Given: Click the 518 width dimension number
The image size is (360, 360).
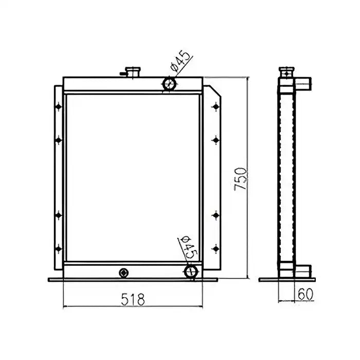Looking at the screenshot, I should point(133,298).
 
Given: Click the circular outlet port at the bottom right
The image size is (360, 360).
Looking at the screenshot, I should point(190,271).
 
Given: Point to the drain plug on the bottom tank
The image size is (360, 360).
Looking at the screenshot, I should point(123,272).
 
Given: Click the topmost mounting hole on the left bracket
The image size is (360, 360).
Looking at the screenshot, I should point(58,107).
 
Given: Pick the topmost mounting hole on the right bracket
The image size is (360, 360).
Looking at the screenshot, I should point(215,107).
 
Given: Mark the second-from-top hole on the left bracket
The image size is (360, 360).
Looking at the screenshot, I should point(58,138).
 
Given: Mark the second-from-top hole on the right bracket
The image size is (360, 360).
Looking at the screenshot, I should point(215,138).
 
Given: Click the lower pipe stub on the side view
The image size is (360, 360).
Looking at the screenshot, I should point(304,270).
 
